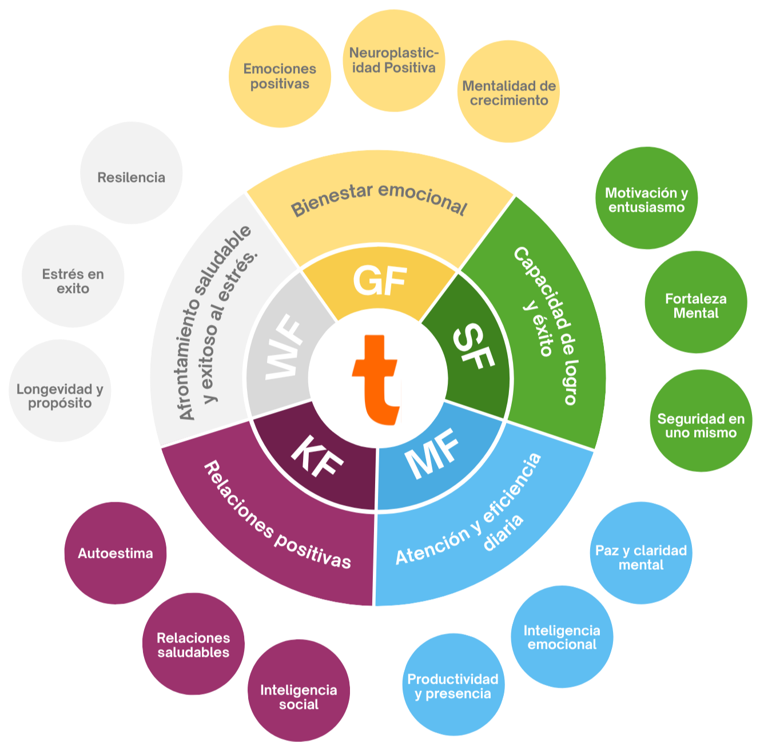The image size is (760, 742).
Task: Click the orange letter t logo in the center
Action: pyautogui.click(x=377, y=379)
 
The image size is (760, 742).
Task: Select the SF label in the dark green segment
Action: pyautogui.click(x=473, y=347)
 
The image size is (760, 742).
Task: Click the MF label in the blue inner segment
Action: pyautogui.click(x=433, y=454)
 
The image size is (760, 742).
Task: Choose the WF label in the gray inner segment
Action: pyautogui.click(x=284, y=348)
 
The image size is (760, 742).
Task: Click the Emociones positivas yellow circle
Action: pyautogui.click(x=280, y=76)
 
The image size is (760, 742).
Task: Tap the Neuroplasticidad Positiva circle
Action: pyautogui.click(x=393, y=61)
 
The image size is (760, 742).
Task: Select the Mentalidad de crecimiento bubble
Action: pyautogui.click(x=508, y=92)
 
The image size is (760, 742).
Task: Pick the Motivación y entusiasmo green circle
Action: pyautogui.click(x=646, y=199)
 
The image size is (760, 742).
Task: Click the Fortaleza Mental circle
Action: pyautogui.click(x=695, y=305)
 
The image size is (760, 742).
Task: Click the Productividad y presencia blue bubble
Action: pyautogui.click(x=453, y=685)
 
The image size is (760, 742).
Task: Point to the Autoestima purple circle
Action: pyautogui.click(x=116, y=553)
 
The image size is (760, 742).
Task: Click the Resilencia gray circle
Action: pyautogui.click(x=131, y=177)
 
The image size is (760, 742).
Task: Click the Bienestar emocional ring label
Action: pyautogui.click(x=379, y=200)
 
